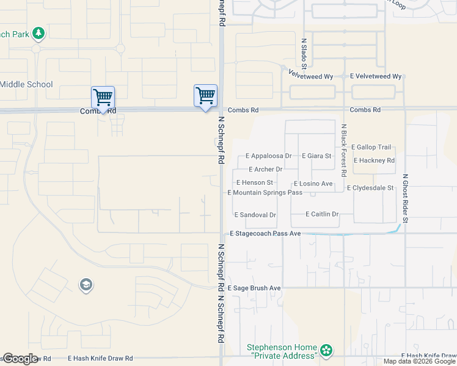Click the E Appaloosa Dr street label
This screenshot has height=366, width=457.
click(x=268, y=156)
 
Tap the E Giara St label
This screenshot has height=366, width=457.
click(x=316, y=156)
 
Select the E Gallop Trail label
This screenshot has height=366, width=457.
click(x=371, y=148)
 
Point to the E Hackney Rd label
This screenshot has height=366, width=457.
click(x=374, y=160)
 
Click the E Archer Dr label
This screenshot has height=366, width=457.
click(x=266, y=170)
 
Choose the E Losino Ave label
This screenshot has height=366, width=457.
click(x=313, y=184)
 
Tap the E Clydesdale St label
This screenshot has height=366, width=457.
click(x=370, y=188)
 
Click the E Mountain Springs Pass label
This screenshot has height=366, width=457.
click(x=265, y=193)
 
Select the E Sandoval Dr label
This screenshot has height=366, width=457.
click(x=255, y=215)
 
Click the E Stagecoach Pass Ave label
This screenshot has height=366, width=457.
click(x=265, y=234)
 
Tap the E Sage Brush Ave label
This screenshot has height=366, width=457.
click(x=254, y=288)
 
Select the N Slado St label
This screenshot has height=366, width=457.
click(x=304, y=53)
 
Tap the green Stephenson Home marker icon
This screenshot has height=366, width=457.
click(x=327, y=350)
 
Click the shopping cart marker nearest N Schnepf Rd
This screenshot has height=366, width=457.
click(x=205, y=95)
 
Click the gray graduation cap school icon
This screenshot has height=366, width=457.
click(x=86, y=284)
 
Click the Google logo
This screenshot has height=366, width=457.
click(x=20, y=359)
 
